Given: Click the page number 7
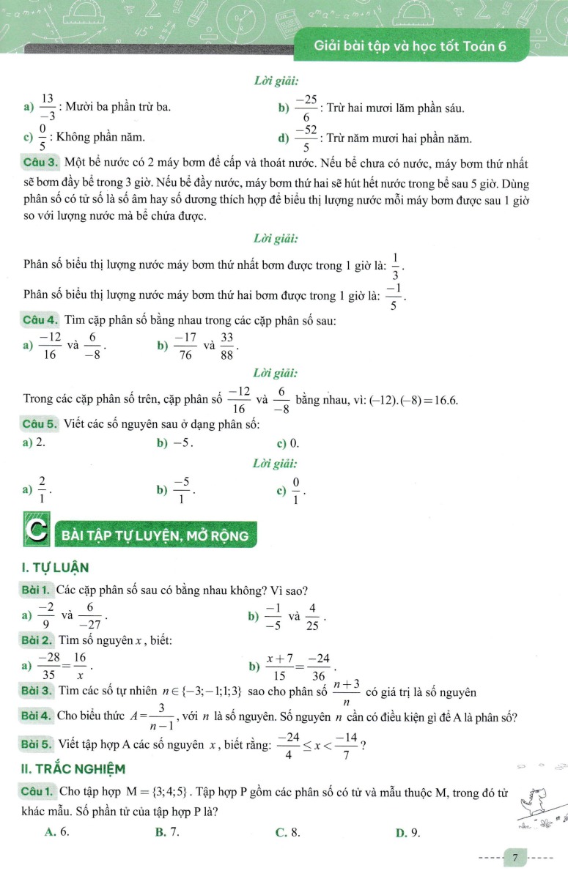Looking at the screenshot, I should click(516, 856).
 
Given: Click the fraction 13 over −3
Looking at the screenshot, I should click(48, 108).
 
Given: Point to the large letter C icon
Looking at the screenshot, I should click(37, 534).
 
